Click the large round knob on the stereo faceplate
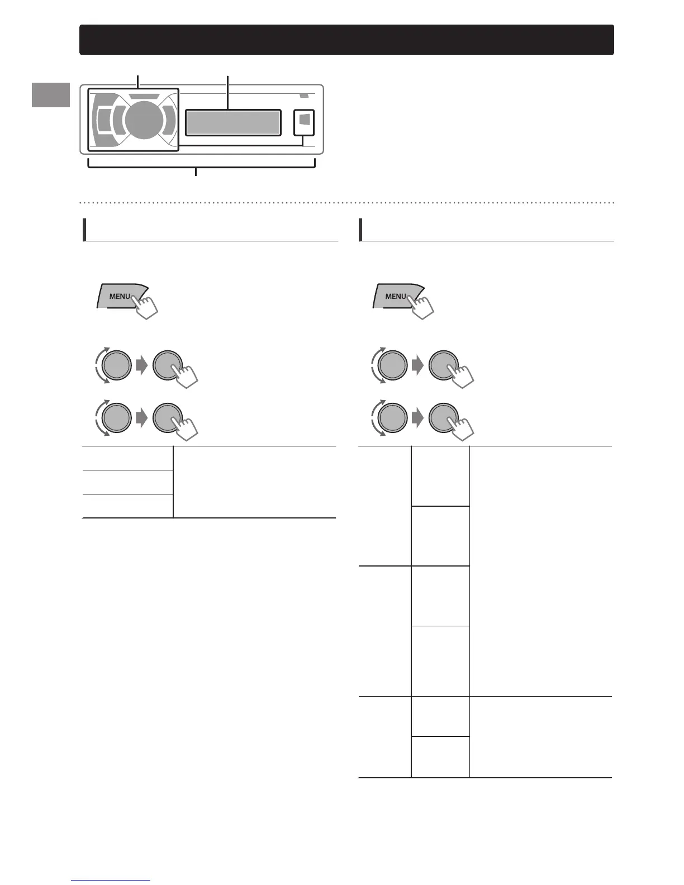pyautogui.click(x=143, y=119)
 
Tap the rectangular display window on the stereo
pyautogui.click(x=232, y=122)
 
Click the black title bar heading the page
pyautogui.click(x=346, y=40)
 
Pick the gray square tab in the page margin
pyautogui.click(x=51, y=94)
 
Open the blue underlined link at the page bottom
pyautogui.click(x=111, y=880)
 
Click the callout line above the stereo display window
pyautogui.click(x=227, y=92)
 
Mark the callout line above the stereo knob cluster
pyautogui.click(x=138, y=82)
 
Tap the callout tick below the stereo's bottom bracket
pyautogui.click(x=196, y=172)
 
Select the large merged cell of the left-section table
pyautogui.click(x=254, y=482)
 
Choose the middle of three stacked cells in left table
pyautogui.click(x=127, y=482)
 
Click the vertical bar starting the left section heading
pyautogui.click(x=84, y=229)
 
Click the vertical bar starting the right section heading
pyautogui.click(x=360, y=229)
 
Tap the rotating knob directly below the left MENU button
pyautogui.click(x=116, y=365)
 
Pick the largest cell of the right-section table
pyautogui.click(x=540, y=570)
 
